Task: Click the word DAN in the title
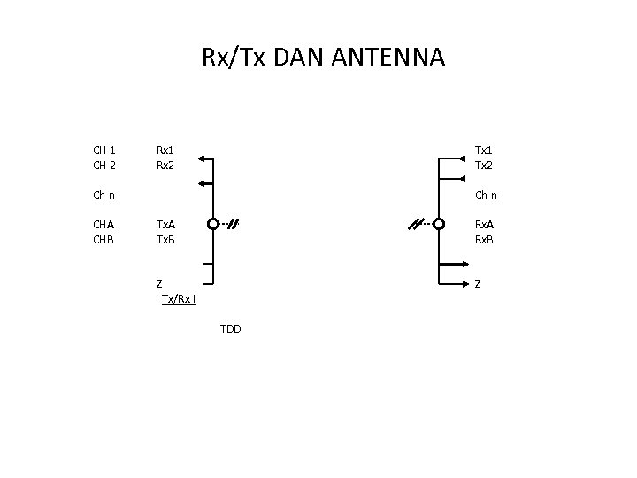[296, 58]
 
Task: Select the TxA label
[165, 225]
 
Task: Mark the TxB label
[165, 239]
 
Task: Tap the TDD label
[230, 329]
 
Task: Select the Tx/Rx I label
[179, 298]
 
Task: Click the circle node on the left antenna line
[212, 224]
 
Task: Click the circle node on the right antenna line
[440, 224]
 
